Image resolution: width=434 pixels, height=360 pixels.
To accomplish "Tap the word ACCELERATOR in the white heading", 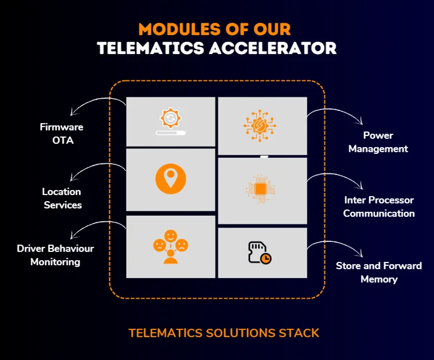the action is [x=273, y=48].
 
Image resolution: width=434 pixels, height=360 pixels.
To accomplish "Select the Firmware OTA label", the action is [x=62, y=134].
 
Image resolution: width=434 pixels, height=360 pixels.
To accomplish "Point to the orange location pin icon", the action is [x=171, y=179].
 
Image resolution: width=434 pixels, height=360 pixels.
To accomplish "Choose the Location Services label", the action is [x=62, y=198].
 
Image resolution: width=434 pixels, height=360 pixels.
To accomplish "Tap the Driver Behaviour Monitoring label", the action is [x=55, y=255].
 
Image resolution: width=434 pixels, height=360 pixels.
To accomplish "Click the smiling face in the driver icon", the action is [x=171, y=236].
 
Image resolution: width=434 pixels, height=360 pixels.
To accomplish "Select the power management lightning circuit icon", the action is [x=259, y=126].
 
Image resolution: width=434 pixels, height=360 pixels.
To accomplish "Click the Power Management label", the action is [x=378, y=142].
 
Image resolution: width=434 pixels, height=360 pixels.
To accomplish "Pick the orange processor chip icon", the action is [x=260, y=189].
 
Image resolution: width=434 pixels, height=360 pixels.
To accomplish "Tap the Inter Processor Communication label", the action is [x=379, y=207].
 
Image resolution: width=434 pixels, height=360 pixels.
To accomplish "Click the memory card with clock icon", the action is [x=259, y=252].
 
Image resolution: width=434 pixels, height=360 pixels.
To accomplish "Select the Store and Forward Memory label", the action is [x=379, y=273].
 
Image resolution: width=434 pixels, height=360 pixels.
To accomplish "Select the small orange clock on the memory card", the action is [x=266, y=259].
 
